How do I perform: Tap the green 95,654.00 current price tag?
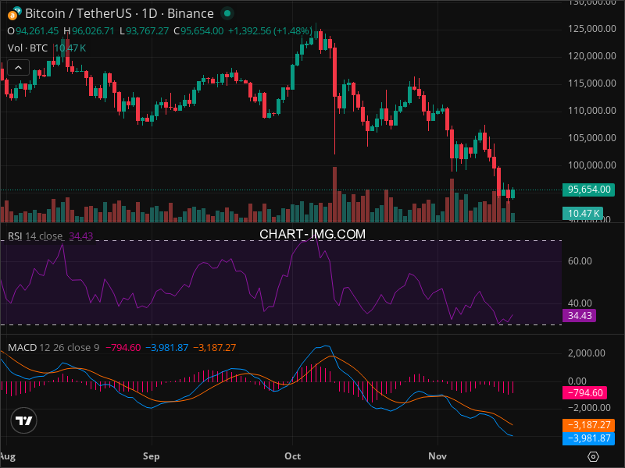pyautogui.click(x=588, y=190)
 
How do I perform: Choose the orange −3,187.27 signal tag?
pyautogui.click(x=588, y=426)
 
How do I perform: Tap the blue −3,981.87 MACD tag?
pyautogui.click(x=588, y=439)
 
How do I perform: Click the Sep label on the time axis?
pyautogui.click(x=151, y=455)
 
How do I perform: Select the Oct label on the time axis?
pyautogui.click(x=293, y=455)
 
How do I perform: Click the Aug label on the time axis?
pyautogui.click(x=8, y=455)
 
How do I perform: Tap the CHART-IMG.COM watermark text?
pyautogui.click(x=312, y=233)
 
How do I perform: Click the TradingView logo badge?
pyautogui.click(x=24, y=421)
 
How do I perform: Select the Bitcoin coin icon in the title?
pyautogui.click(x=15, y=13)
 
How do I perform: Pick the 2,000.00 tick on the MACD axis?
pyautogui.click(x=587, y=353)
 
